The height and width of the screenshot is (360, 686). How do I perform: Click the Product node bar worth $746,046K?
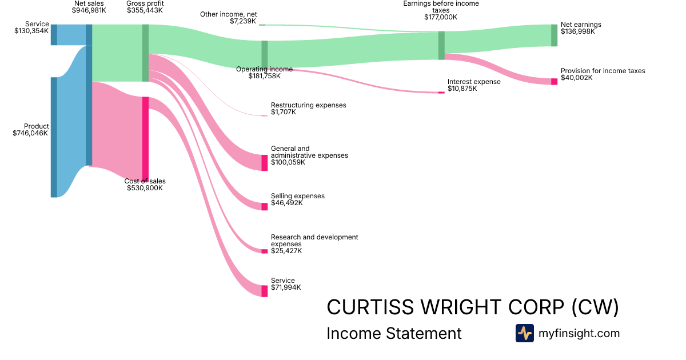tap(54, 137)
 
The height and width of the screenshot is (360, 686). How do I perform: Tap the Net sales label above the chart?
tap(89, 3)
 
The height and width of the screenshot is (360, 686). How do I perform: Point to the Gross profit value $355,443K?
tap(145, 10)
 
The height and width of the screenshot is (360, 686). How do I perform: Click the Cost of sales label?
tap(145, 181)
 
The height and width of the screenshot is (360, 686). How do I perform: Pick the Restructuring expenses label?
tap(308, 105)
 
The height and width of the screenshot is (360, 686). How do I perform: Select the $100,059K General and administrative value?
tap(288, 162)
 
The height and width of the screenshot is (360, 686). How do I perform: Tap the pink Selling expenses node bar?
tap(264, 206)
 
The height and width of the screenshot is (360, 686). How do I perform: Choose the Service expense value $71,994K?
tap(286, 287)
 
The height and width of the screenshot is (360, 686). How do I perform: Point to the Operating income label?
tap(264, 69)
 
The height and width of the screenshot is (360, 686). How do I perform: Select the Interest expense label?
tap(474, 82)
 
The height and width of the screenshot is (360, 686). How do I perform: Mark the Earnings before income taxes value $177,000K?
tap(441, 17)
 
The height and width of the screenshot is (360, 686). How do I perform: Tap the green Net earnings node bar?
tap(554, 35)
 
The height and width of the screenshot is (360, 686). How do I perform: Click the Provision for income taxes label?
tap(603, 71)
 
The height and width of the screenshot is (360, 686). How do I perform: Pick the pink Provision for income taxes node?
tap(554, 82)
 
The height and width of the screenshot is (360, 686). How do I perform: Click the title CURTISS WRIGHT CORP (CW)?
tap(472, 307)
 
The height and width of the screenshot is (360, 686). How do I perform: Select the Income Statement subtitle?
tap(394, 334)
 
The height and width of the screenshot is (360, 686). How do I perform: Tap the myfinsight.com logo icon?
tap(524, 333)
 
